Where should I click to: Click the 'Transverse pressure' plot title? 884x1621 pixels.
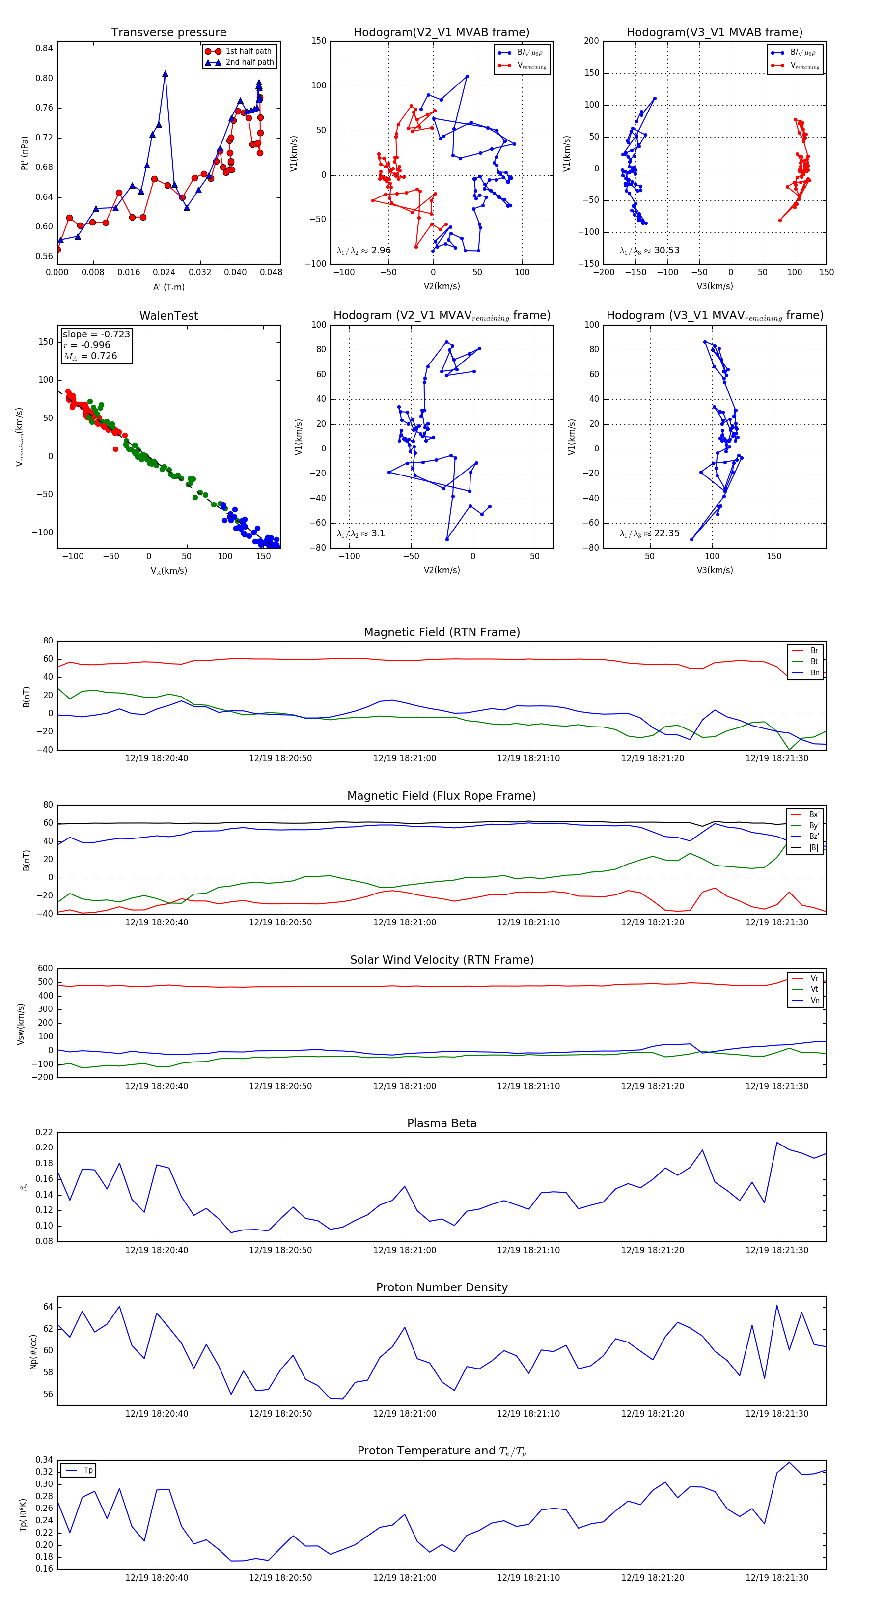click(168, 33)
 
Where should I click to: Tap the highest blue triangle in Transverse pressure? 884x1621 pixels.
click(165, 74)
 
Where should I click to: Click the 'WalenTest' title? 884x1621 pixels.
click(168, 316)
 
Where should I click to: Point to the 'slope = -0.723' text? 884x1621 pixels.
click(96, 334)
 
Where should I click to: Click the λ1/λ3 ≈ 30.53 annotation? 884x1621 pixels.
click(649, 251)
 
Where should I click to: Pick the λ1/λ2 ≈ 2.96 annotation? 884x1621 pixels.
click(363, 251)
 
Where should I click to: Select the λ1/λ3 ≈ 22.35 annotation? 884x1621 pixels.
click(649, 533)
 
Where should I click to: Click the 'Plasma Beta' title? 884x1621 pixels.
click(442, 1124)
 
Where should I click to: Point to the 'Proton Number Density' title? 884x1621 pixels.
click(442, 1287)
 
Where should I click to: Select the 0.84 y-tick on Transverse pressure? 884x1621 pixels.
click(44, 49)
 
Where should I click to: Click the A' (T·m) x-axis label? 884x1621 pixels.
click(168, 287)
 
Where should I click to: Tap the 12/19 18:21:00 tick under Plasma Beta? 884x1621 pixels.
click(405, 1250)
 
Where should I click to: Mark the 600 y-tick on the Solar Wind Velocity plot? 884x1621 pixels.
click(45, 969)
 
